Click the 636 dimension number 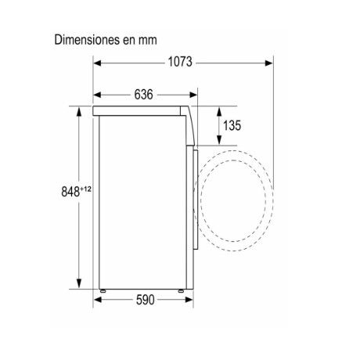143,95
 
